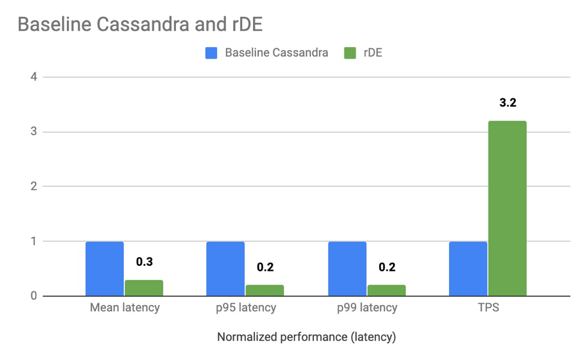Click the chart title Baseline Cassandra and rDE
tap(140, 25)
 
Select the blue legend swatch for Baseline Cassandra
tap(212, 53)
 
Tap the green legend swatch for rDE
tap(350, 53)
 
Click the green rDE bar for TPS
tap(507, 209)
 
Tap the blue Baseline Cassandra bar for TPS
tap(468, 269)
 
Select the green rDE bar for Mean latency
tap(144, 288)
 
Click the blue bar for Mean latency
tap(105, 269)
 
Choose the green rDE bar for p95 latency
tap(265, 290)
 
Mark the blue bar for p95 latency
tap(226, 269)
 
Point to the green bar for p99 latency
tap(386, 290)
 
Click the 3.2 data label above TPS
tap(507, 103)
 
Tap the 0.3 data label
tap(144, 262)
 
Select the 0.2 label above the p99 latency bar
tap(386, 267)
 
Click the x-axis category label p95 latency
tap(246, 308)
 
